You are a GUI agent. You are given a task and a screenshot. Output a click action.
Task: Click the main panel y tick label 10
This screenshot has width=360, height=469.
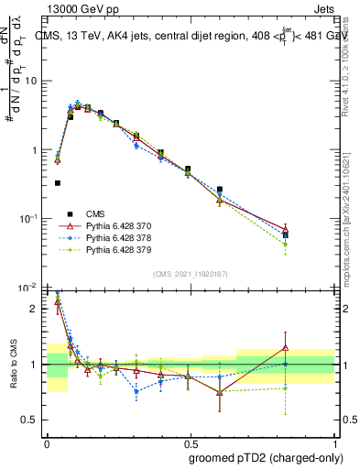tap(30, 82)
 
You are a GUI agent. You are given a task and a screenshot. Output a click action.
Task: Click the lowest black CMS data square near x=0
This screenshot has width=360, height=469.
tap(58, 183)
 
